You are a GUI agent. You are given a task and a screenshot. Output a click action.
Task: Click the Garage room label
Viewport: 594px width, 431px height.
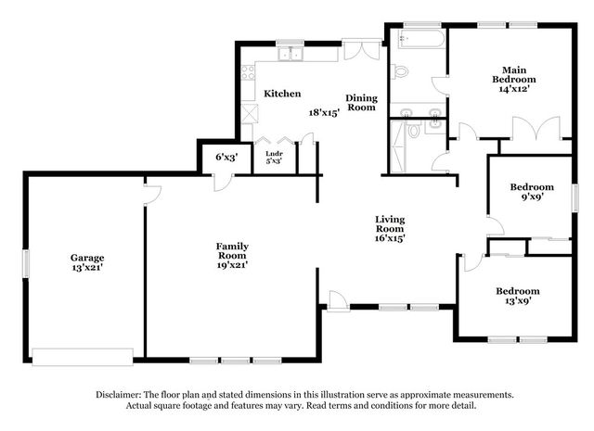87,258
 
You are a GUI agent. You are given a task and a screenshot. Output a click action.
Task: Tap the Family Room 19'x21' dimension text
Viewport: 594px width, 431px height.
232,265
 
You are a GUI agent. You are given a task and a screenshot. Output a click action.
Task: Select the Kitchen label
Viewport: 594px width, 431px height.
282,94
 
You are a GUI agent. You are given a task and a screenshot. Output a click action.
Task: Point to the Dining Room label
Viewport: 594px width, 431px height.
361,103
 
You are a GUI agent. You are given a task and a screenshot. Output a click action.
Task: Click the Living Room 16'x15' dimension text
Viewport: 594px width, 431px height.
390,238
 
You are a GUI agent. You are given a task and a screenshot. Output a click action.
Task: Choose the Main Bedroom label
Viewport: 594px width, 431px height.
514,74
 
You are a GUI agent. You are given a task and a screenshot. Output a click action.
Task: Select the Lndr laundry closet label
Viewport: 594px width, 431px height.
274,154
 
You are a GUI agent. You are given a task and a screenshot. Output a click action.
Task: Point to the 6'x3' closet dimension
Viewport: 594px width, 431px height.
226,157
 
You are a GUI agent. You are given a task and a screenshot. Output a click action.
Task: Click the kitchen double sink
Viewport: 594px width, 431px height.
291,54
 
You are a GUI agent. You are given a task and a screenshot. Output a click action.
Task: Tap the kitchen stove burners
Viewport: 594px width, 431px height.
248,72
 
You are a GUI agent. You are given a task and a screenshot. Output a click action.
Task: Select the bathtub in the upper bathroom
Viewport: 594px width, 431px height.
420,39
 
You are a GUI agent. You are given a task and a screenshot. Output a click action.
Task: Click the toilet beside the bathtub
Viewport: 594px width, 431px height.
400,71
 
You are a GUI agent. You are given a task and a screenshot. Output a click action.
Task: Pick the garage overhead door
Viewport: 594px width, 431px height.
83,357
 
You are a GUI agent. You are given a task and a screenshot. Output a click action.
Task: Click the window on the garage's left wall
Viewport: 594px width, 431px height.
26,263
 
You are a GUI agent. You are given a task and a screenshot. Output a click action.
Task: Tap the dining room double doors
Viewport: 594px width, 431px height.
362,49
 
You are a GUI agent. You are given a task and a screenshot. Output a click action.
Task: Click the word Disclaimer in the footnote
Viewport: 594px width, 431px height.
119,395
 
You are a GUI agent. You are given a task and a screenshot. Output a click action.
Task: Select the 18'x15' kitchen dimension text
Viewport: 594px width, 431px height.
324,112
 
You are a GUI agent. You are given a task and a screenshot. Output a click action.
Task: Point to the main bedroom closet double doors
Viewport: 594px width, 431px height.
536,129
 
